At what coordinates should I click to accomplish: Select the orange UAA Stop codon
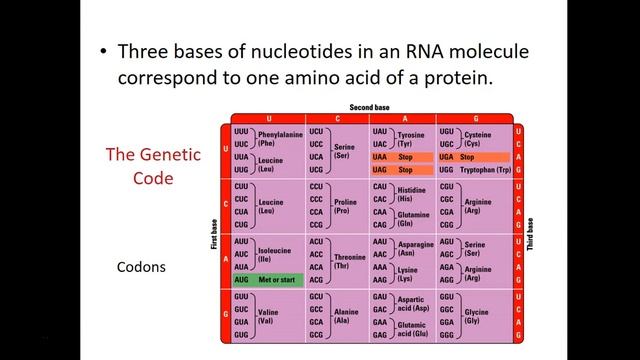click(x=403, y=157)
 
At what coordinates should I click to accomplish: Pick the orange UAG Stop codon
click(x=403, y=170)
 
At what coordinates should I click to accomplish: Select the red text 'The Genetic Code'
click(x=154, y=165)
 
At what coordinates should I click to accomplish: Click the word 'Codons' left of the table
click(x=141, y=268)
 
